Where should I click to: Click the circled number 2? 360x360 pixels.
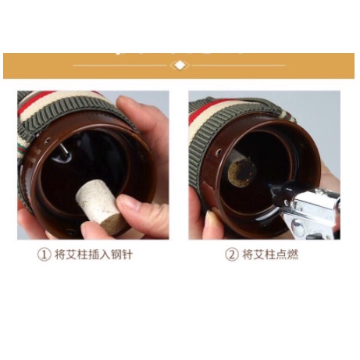232,255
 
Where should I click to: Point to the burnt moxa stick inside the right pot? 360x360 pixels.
241,169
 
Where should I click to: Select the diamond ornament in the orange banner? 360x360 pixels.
180,65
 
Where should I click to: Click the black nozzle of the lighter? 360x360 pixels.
276,190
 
